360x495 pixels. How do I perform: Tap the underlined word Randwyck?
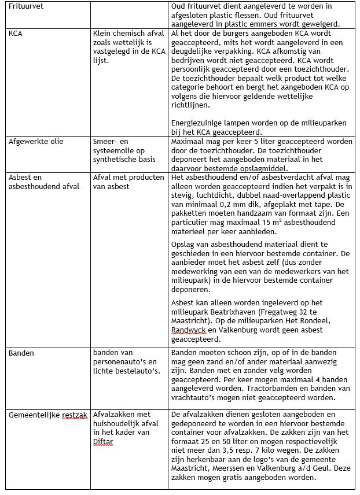188,330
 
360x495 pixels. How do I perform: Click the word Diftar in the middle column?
105,442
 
